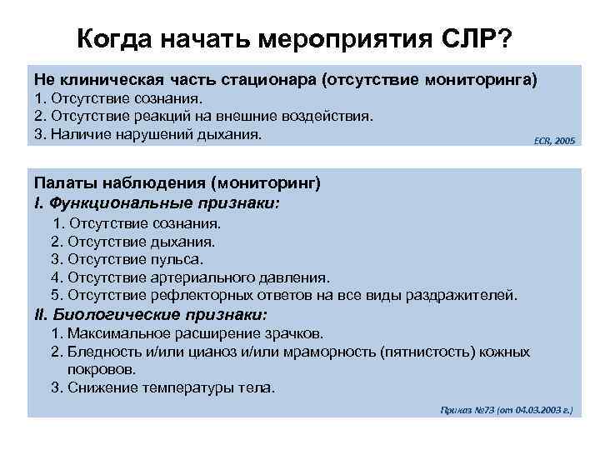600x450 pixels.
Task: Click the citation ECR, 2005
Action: pos(554,142)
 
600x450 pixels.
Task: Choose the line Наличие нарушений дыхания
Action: pos(157,133)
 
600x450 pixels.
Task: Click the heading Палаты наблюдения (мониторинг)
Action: pos(177,183)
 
